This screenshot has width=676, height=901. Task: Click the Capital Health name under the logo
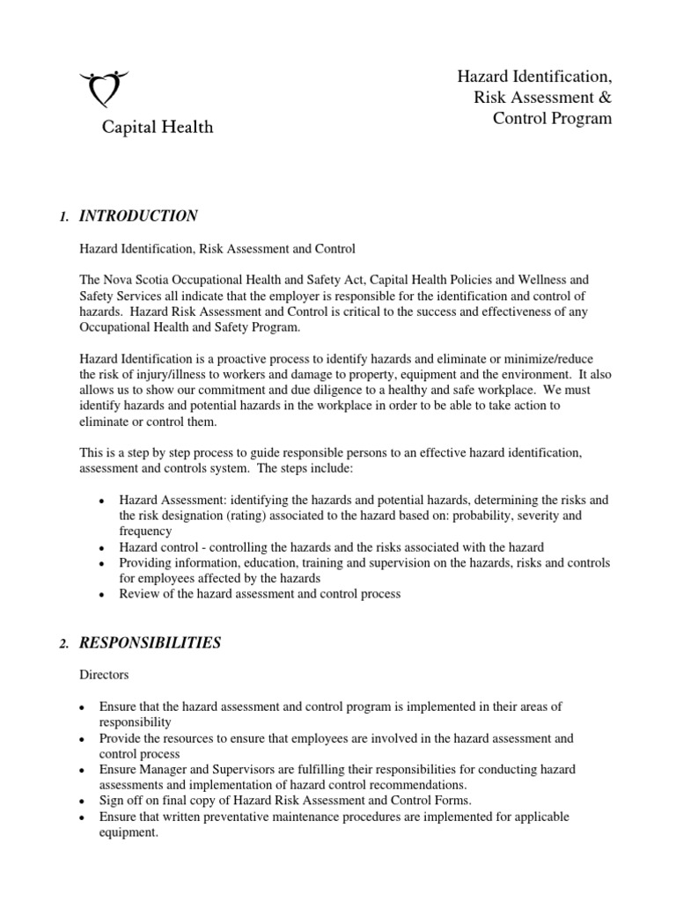[156, 128]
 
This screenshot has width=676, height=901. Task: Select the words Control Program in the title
[552, 118]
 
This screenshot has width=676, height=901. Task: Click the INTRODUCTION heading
[138, 216]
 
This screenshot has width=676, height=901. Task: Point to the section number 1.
[62, 217]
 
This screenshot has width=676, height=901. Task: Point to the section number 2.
[63, 644]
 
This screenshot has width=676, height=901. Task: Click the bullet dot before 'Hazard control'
[106, 547]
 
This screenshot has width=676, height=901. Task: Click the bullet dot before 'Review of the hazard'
[106, 595]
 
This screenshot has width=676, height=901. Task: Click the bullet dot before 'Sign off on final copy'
[81, 802]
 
